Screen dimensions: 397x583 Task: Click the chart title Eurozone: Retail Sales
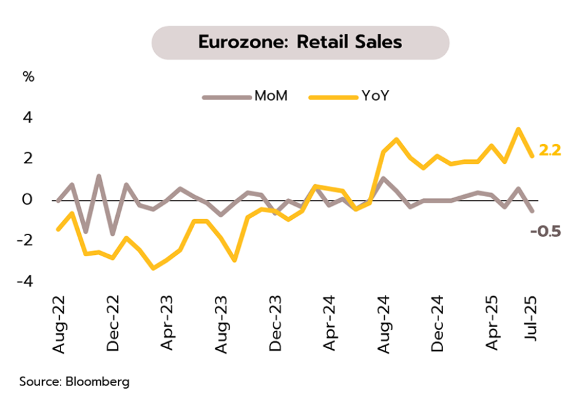(x=300, y=42)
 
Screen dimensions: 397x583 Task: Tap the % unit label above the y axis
(x=29, y=77)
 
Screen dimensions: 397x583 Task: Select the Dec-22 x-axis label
(x=113, y=326)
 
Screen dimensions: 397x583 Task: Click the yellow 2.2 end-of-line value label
(x=549, y=151)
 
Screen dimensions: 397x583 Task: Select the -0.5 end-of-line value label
(x=545, y=231)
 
